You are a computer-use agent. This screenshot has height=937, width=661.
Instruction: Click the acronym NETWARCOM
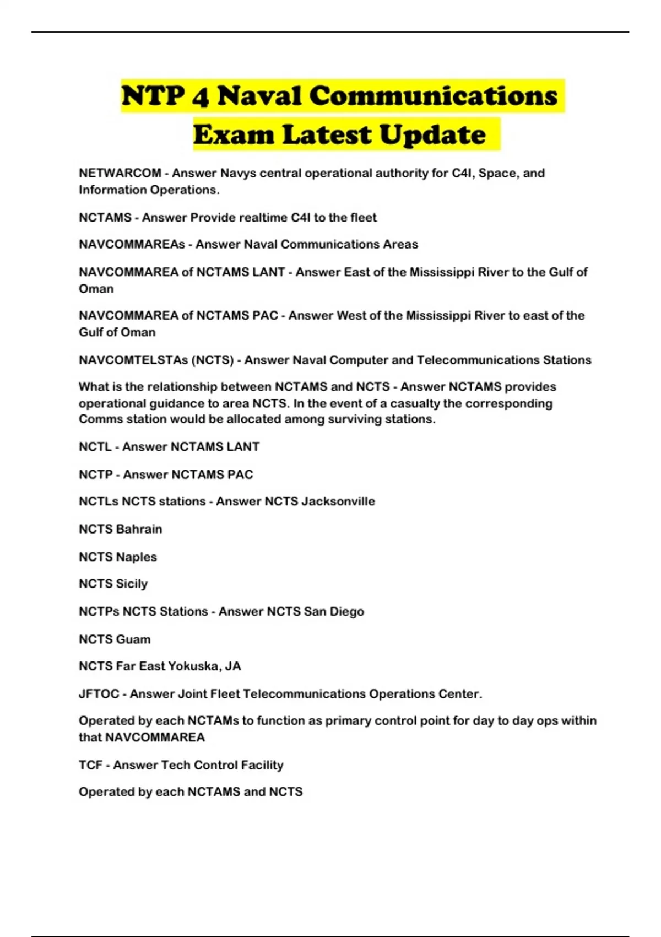click(120, 173)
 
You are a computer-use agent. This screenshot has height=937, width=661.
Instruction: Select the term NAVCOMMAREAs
click(132, 244)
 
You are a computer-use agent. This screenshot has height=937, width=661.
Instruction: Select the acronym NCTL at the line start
click(95, 447)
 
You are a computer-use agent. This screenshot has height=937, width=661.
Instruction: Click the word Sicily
click(132, 584)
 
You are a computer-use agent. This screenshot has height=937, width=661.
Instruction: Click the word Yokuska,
click(195, 666)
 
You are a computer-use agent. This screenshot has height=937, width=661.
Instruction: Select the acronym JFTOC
click(99, 694)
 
